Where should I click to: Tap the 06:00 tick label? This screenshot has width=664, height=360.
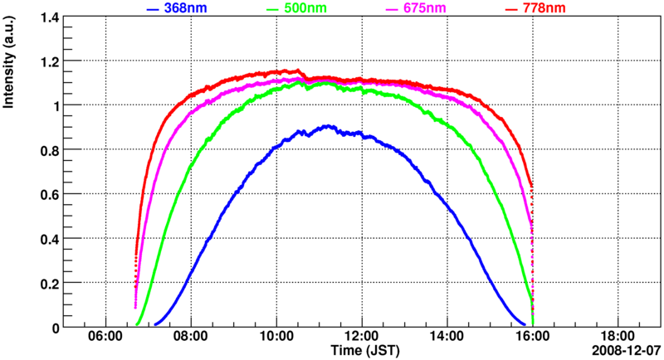[x=105, y=337]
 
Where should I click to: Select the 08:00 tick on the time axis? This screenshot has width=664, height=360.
[x=191, y=337]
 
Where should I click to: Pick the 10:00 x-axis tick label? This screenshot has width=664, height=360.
[x=276, y=337]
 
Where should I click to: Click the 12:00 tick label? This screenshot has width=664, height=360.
[x=361, y=337]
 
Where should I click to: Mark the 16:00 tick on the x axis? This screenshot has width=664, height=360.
[x=531, y=337]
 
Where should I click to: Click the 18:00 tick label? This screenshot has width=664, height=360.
[x=617, y=337]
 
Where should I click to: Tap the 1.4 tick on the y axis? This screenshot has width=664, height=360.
[x=51, y=17]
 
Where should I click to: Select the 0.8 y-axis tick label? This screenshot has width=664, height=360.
[x=51, y=150]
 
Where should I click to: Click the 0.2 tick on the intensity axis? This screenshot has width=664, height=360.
[x=51, y=283]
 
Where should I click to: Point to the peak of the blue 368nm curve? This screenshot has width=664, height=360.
[x=329, y=126]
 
